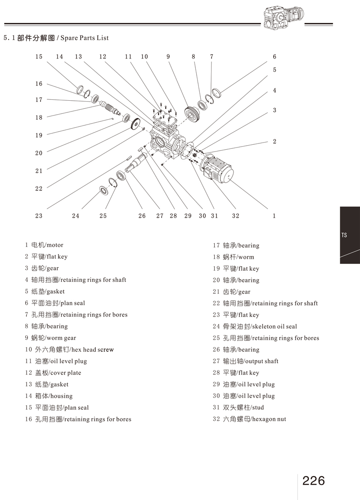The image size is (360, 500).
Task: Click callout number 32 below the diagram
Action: pyautogui.click(x=235, y=216)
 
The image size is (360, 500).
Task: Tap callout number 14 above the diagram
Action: pyautogui.click(x=59, y=57)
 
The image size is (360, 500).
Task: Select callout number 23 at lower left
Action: pyautogui.click(x=39, y=216)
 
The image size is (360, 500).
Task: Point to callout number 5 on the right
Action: pyautogui.click(x=274, y=70)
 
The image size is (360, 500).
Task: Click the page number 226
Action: pyautogui.click(x=314, y=480)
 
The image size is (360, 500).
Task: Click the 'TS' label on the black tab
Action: pyautogui.click(x=344, y=235)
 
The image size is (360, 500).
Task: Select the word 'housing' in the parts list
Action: pyautogui.click(x=61, y=396)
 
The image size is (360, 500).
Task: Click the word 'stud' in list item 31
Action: pyautogui.click(x=257, y=408)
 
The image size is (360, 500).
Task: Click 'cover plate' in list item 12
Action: pyautogui.click(x=66, y=373)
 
